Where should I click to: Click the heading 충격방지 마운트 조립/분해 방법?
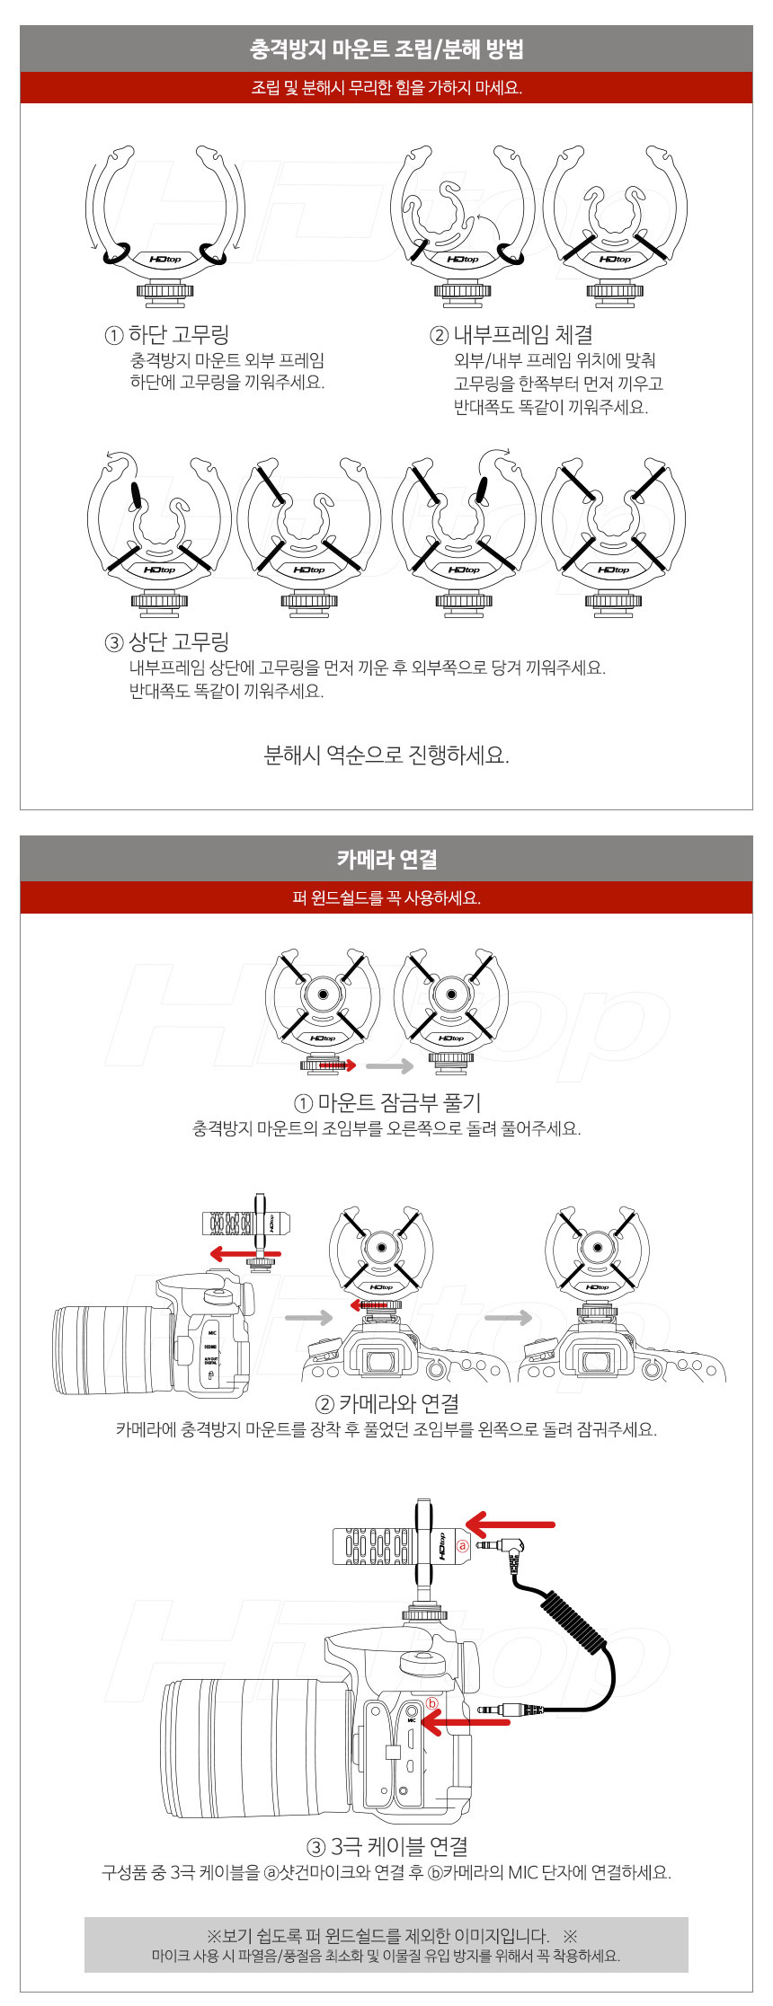386,49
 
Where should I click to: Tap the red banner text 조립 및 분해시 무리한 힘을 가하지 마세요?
386,88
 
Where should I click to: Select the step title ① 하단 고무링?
167,335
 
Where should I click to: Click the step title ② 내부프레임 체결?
511,335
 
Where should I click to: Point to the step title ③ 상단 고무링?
167,641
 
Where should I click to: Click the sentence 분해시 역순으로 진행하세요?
386,755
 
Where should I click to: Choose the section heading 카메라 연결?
386,859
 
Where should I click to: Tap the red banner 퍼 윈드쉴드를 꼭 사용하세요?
386,898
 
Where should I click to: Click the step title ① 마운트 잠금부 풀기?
387,1102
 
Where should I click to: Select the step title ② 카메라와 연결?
386,1403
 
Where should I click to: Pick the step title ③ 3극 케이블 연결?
387,1846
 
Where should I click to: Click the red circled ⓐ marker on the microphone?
463,1546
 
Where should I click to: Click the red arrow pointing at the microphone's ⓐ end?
510,1524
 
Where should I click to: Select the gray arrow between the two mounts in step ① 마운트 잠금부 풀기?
389,1066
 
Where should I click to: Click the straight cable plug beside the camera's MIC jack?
510,1710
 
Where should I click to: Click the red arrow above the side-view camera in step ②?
244,1253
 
